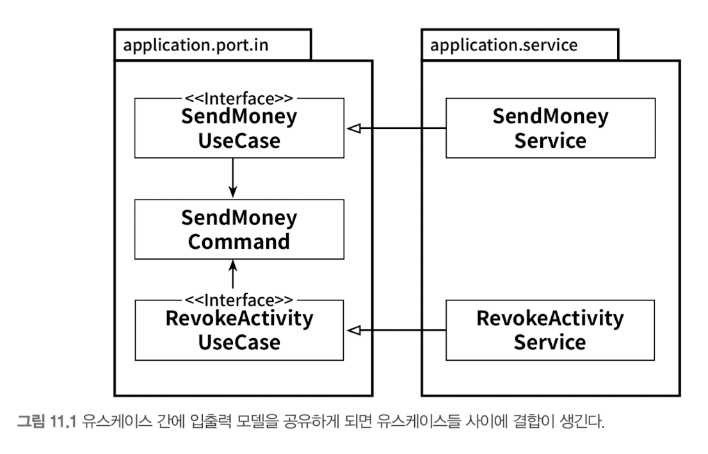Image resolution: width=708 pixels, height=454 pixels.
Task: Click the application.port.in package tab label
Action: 195,45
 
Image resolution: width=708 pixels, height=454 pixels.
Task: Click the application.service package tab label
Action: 503,45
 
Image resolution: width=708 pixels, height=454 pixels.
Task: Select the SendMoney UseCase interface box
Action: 239,128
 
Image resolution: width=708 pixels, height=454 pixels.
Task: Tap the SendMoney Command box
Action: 239,230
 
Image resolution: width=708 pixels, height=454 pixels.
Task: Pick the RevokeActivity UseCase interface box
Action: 239,331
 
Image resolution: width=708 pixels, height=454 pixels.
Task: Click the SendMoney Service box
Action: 551,128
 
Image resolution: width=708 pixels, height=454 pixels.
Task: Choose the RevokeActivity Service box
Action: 550,331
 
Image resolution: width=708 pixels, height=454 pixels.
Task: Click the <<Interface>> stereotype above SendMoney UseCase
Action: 239,98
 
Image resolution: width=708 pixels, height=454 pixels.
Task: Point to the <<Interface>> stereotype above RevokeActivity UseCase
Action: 239,300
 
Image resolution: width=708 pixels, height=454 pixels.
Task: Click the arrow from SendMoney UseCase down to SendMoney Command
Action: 233,178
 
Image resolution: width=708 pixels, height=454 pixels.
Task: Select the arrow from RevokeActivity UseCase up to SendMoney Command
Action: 233,274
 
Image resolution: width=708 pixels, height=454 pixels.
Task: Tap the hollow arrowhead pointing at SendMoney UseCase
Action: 353,129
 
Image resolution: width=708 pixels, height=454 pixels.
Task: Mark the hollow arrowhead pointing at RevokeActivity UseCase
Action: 353,331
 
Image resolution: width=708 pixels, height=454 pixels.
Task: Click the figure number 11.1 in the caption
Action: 63,422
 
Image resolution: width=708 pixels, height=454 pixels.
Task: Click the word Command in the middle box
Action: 239,242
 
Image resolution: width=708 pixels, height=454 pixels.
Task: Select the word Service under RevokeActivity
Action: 550,342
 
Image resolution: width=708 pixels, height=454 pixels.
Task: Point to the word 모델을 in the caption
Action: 257,422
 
